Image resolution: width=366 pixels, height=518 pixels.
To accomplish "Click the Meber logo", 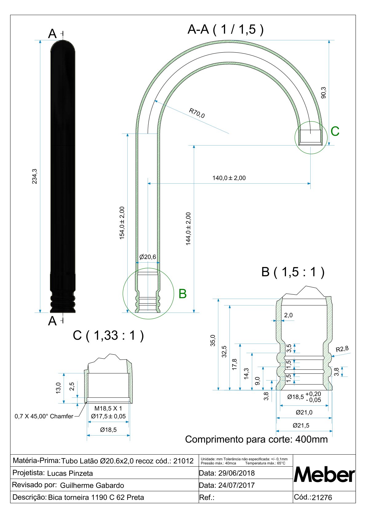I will [x=324, y=475].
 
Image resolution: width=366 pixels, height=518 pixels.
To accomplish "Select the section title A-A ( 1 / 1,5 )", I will [x=225, y=30].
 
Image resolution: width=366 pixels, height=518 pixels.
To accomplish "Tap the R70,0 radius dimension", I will [x=197, y=113].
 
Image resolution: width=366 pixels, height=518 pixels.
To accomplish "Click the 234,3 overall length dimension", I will [x=34, y=176].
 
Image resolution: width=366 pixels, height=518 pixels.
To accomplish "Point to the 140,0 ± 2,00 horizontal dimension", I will [x=229, y=178].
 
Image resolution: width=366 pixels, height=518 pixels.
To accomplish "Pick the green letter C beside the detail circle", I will [x=335, y=131].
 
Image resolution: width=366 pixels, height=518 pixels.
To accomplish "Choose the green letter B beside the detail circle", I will [x=182, y=294].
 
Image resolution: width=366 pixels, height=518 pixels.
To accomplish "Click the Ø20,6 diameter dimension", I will [x=148, y=257].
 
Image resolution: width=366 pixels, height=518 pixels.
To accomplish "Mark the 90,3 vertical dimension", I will [x=323, y=92].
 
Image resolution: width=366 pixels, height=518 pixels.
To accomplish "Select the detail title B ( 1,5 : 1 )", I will [x=292, y=272].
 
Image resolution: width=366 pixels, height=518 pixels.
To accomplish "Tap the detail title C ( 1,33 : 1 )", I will [x=108, y=335].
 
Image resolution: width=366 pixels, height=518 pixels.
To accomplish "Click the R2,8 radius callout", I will [x=342, y=349].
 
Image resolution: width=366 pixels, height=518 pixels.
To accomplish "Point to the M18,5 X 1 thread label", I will [x=108, y=408].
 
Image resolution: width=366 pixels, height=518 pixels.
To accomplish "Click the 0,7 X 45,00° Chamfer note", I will [x=44, y=416].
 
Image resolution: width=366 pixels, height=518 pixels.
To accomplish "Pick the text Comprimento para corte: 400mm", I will [x=256, y=439].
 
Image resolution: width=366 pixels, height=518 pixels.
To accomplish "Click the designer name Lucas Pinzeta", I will [x=70, y=473].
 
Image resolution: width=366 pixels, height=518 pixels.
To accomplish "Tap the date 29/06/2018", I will [x=236, y=473].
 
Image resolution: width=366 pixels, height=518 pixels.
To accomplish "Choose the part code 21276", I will [x=322, y=498].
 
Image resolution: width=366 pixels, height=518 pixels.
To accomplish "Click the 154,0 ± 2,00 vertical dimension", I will [x=122, y=223].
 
